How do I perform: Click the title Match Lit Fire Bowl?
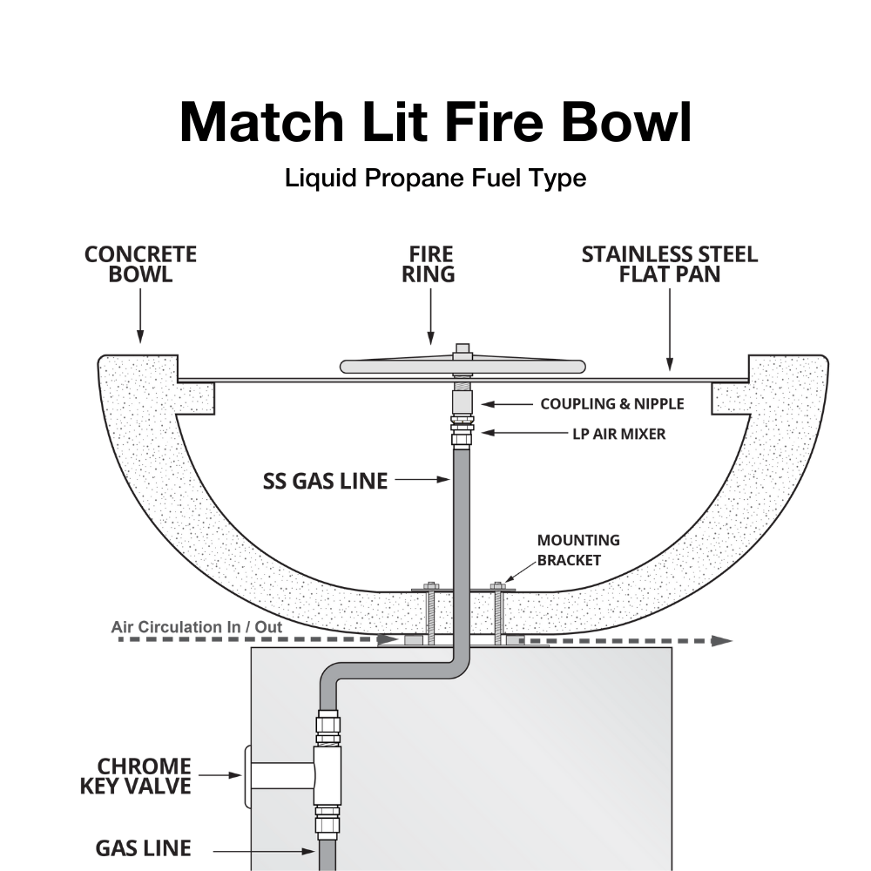(x=435, y=122)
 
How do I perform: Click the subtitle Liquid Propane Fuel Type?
(x=435, y=179)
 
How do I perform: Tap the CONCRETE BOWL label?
(x=140, y=264)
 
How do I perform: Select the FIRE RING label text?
(x=431, y=264)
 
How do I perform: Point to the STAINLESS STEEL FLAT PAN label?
(x=669, y=264)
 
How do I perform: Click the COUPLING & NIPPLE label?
(x=611, y=404)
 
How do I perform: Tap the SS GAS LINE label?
(x=325, y=481)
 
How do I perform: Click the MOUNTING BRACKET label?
(x=577, y=550)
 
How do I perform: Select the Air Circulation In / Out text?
(x=197, y=626)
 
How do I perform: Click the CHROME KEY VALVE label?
(x=143, y=776)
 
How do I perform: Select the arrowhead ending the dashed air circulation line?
(x=721, y=640)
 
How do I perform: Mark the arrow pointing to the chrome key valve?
(x=218, y=773)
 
